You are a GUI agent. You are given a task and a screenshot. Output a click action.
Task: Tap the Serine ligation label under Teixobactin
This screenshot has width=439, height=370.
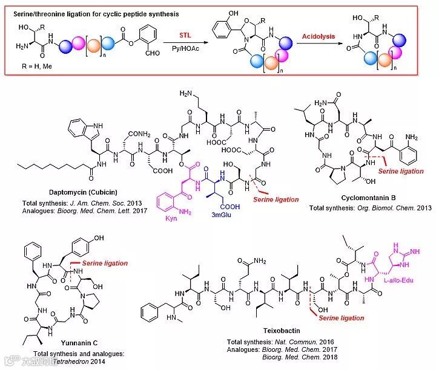pyautogui.click(x=339, y=318)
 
